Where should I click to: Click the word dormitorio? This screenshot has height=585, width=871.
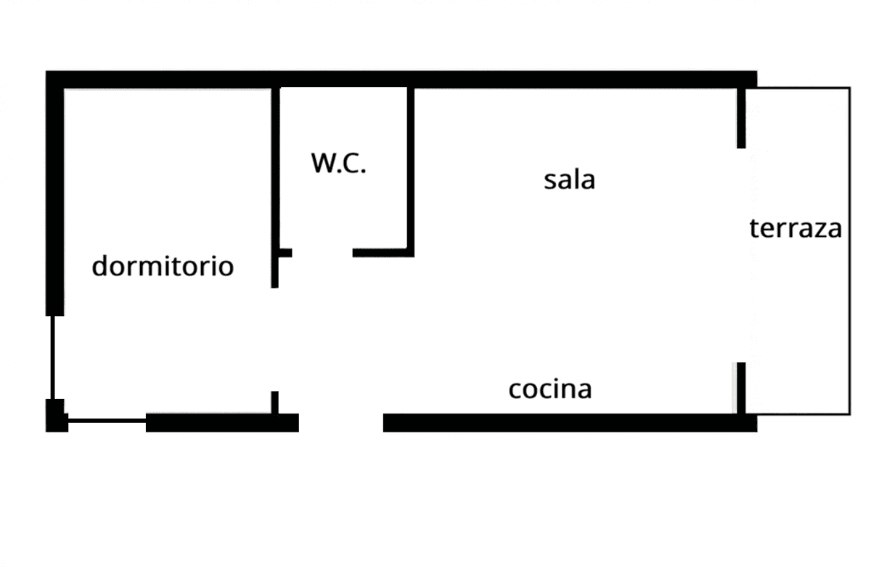coord(163,266)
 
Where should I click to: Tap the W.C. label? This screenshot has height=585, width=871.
coord(338,163)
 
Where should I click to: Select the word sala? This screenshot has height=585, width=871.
coord(569,179)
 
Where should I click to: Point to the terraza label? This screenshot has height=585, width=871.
coord(796,228)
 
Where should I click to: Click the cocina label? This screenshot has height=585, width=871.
coord(550,389)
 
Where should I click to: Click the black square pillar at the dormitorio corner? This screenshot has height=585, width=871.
coord(57,415)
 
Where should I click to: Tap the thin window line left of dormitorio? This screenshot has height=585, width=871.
coord(52,358)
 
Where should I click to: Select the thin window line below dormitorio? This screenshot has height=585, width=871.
coord(107,420)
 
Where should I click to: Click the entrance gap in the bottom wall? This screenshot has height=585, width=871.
coord(341,423)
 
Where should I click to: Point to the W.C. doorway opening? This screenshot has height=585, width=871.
coord(322,253)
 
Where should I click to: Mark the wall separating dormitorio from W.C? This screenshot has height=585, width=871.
coord(275,187)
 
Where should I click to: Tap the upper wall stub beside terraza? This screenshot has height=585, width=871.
coord(741,118)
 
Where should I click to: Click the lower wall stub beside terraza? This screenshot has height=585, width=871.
coord(741,388)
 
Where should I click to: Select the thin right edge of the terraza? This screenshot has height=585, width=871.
coord(850,251)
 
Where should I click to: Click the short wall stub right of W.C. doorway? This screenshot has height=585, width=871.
coord(383,253)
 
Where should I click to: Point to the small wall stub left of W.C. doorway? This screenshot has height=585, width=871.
coord(285,253)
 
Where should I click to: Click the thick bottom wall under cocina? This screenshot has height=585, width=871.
coord(570,423)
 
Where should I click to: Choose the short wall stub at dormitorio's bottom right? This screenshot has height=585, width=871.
coord(275,403)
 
